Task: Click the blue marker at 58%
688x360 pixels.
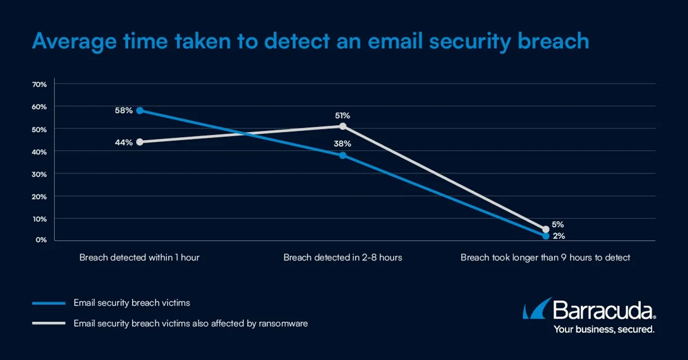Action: (x=140, y=110)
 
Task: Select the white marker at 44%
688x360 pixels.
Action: (x=140, y=142)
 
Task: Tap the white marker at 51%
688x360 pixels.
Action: (x=343, y=126)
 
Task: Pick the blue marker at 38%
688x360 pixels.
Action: (x=343, y=155)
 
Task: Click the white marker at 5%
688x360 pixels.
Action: (x=546, y=229)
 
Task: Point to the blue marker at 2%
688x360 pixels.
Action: (x=546, y=236)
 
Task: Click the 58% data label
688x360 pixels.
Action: (x=123, y=110)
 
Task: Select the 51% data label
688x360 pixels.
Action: (x=342, y=115)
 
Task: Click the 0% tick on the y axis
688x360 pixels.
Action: (x=41, y=240)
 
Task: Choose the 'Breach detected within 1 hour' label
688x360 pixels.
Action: (x=139, y=257)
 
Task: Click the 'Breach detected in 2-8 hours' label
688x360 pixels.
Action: (x=342, y=257)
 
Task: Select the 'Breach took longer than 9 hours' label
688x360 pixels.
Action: (x=545, y=257)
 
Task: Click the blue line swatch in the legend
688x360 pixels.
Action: (x=48, y=303)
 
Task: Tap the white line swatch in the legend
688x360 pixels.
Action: (x=48, y=323)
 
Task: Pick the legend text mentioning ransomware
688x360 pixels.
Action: (x=190, y=323)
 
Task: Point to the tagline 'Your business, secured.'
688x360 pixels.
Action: (x=604, y=329)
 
